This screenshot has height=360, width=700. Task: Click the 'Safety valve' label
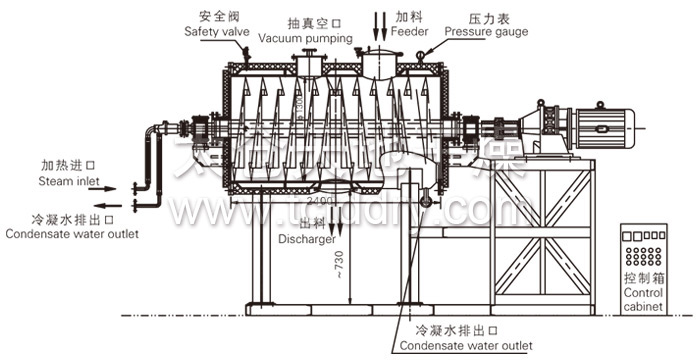(216, 32)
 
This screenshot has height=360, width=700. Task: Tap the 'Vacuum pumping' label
(305, 38)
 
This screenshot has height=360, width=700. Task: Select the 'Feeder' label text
(410, 32)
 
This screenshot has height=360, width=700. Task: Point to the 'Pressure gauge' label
(486, 32)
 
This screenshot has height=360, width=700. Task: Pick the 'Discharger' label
(306, 240)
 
